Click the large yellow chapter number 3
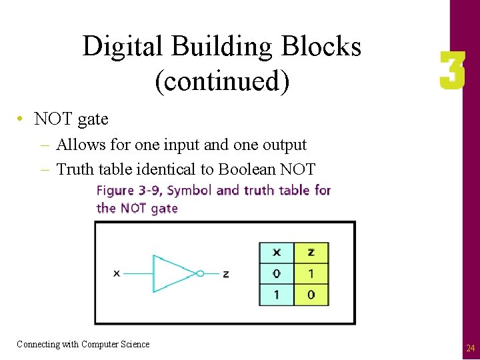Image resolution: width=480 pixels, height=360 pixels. coord(452,73)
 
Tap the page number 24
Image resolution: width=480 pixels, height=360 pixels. coord(471,348)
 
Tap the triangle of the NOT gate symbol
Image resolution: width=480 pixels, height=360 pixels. coord(172,273)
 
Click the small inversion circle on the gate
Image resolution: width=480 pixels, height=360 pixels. coord(200,273)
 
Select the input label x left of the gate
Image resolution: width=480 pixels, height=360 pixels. coord(117,273)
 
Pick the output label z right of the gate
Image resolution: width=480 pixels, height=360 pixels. coord(226,274)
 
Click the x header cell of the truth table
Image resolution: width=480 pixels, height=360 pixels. coord(277,253)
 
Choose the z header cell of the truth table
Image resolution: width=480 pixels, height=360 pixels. coord(311,253)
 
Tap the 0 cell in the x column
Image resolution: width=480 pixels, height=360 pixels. coord(277,273)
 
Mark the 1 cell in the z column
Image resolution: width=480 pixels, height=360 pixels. coord(311,273)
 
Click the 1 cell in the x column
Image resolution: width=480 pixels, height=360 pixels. coord(277,294)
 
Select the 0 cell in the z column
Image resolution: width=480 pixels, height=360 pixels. coord(311,294)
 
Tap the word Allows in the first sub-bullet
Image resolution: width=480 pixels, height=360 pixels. coord(77,145)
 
